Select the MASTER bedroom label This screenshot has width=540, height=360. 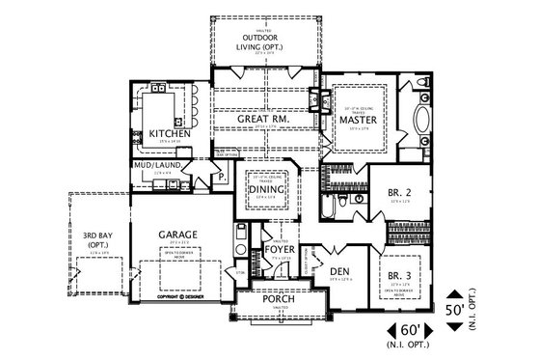[x=358, y=119]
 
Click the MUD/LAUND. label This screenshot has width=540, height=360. [x=156, y=165]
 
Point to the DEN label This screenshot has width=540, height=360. [x=339, y=269]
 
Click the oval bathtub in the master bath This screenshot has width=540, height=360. [x=422, y=122]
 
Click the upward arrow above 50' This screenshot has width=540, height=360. [x=454, y=291]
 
